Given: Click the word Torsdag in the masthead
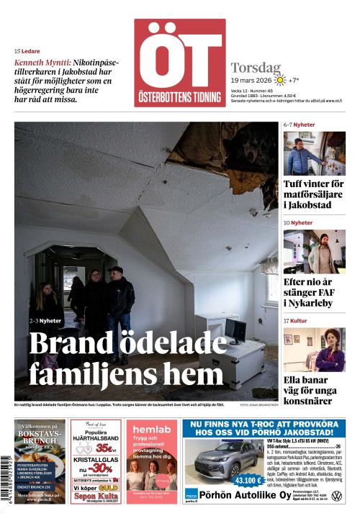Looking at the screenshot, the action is (x=256, y=68).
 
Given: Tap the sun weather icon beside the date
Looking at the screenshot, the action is (x=279, y=80).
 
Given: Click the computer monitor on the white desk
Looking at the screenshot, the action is (x=235, y=330).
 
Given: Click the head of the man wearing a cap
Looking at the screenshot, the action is (x=115, y=272).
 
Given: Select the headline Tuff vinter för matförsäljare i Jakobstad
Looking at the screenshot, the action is (x=314, y=194).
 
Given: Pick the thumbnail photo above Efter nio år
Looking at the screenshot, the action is (x=314, y=251).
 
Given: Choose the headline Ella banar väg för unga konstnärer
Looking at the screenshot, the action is (x=314, y=391).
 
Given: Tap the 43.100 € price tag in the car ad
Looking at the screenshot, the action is (x=248, y=480).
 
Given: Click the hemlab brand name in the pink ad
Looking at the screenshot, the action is (x=150, y=430).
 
